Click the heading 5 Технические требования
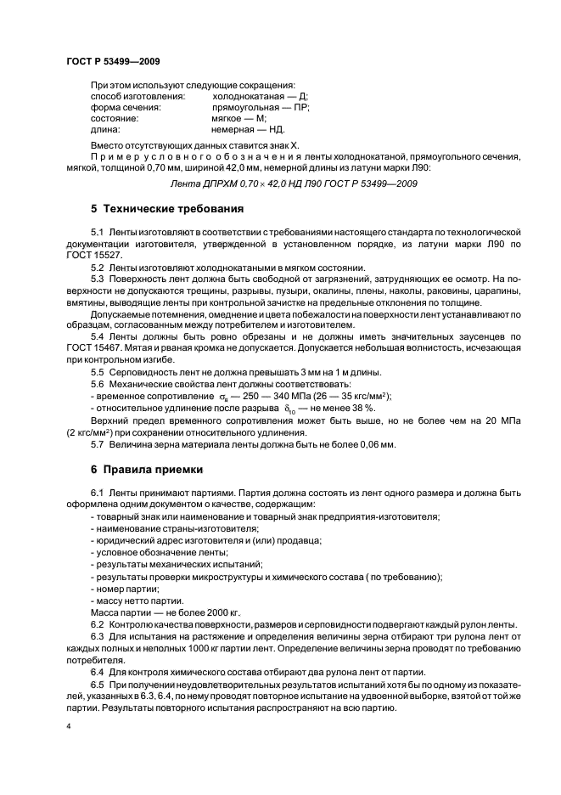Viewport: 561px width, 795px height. click(167, 208)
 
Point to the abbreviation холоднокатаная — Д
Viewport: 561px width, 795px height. click(260, 96)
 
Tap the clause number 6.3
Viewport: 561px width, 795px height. click(98, 636)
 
